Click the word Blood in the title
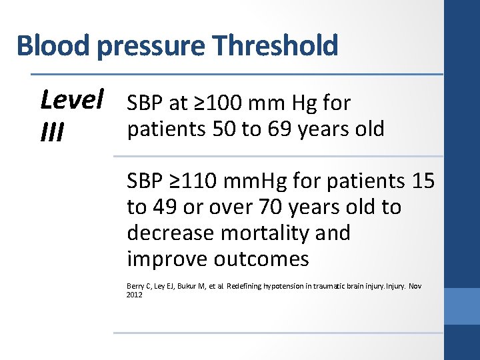tap(54, 46)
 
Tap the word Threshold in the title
tap(275, 46)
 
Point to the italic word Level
tap(72, 101)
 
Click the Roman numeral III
tap(52, 133)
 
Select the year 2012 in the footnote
tap(134, 294)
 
